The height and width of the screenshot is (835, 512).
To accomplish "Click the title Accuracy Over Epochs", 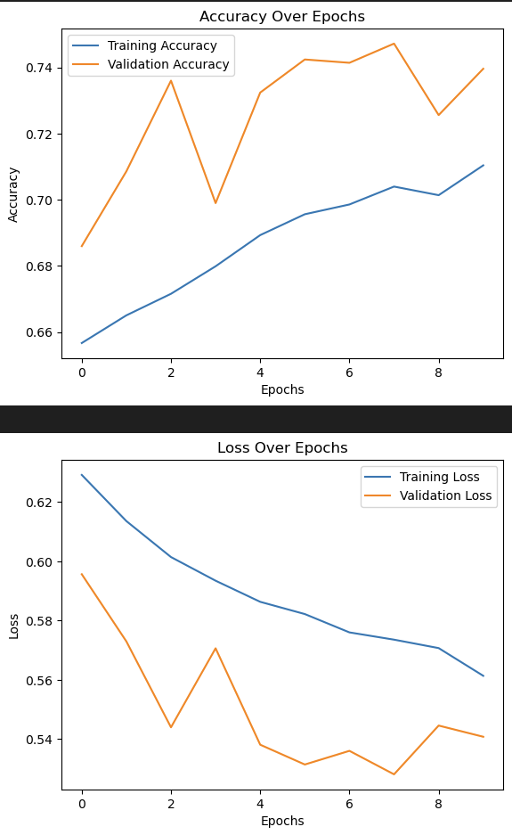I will coord(281,17).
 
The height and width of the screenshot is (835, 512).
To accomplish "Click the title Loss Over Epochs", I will coord(281,448).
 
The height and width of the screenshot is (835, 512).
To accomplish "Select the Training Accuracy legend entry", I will coord(161,45).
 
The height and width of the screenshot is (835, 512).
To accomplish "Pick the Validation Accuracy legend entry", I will coord(167,64).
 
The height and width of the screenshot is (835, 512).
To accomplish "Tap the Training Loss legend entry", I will coord(439,477).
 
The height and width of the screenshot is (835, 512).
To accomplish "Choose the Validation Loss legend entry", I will coord(445,495).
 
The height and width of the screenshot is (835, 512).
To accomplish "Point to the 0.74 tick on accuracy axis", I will coord(40,69).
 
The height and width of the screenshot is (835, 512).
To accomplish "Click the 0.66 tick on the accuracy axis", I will coord(40,332).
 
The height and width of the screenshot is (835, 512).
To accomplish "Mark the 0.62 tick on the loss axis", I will coord(40,503).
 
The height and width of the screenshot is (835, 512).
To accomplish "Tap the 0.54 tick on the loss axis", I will coord(40,740).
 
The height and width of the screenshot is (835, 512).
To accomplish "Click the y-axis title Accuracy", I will coord(13,193).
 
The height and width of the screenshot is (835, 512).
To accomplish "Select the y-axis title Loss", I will coord(13,625).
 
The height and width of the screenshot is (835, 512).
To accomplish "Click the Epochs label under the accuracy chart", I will coord(281,390).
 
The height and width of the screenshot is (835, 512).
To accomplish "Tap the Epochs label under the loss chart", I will coord(281,821).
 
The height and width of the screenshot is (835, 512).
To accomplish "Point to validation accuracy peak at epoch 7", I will coord(394,44).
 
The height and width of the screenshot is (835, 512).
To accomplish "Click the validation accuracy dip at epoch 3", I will coord(215,203).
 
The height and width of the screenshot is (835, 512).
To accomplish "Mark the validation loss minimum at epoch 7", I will coord(394,774).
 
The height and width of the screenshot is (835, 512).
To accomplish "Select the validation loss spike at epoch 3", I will coord(215,648).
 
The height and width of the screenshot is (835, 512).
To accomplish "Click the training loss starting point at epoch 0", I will coord(82,475).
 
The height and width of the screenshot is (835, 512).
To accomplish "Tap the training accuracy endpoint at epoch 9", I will coord(484,165).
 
